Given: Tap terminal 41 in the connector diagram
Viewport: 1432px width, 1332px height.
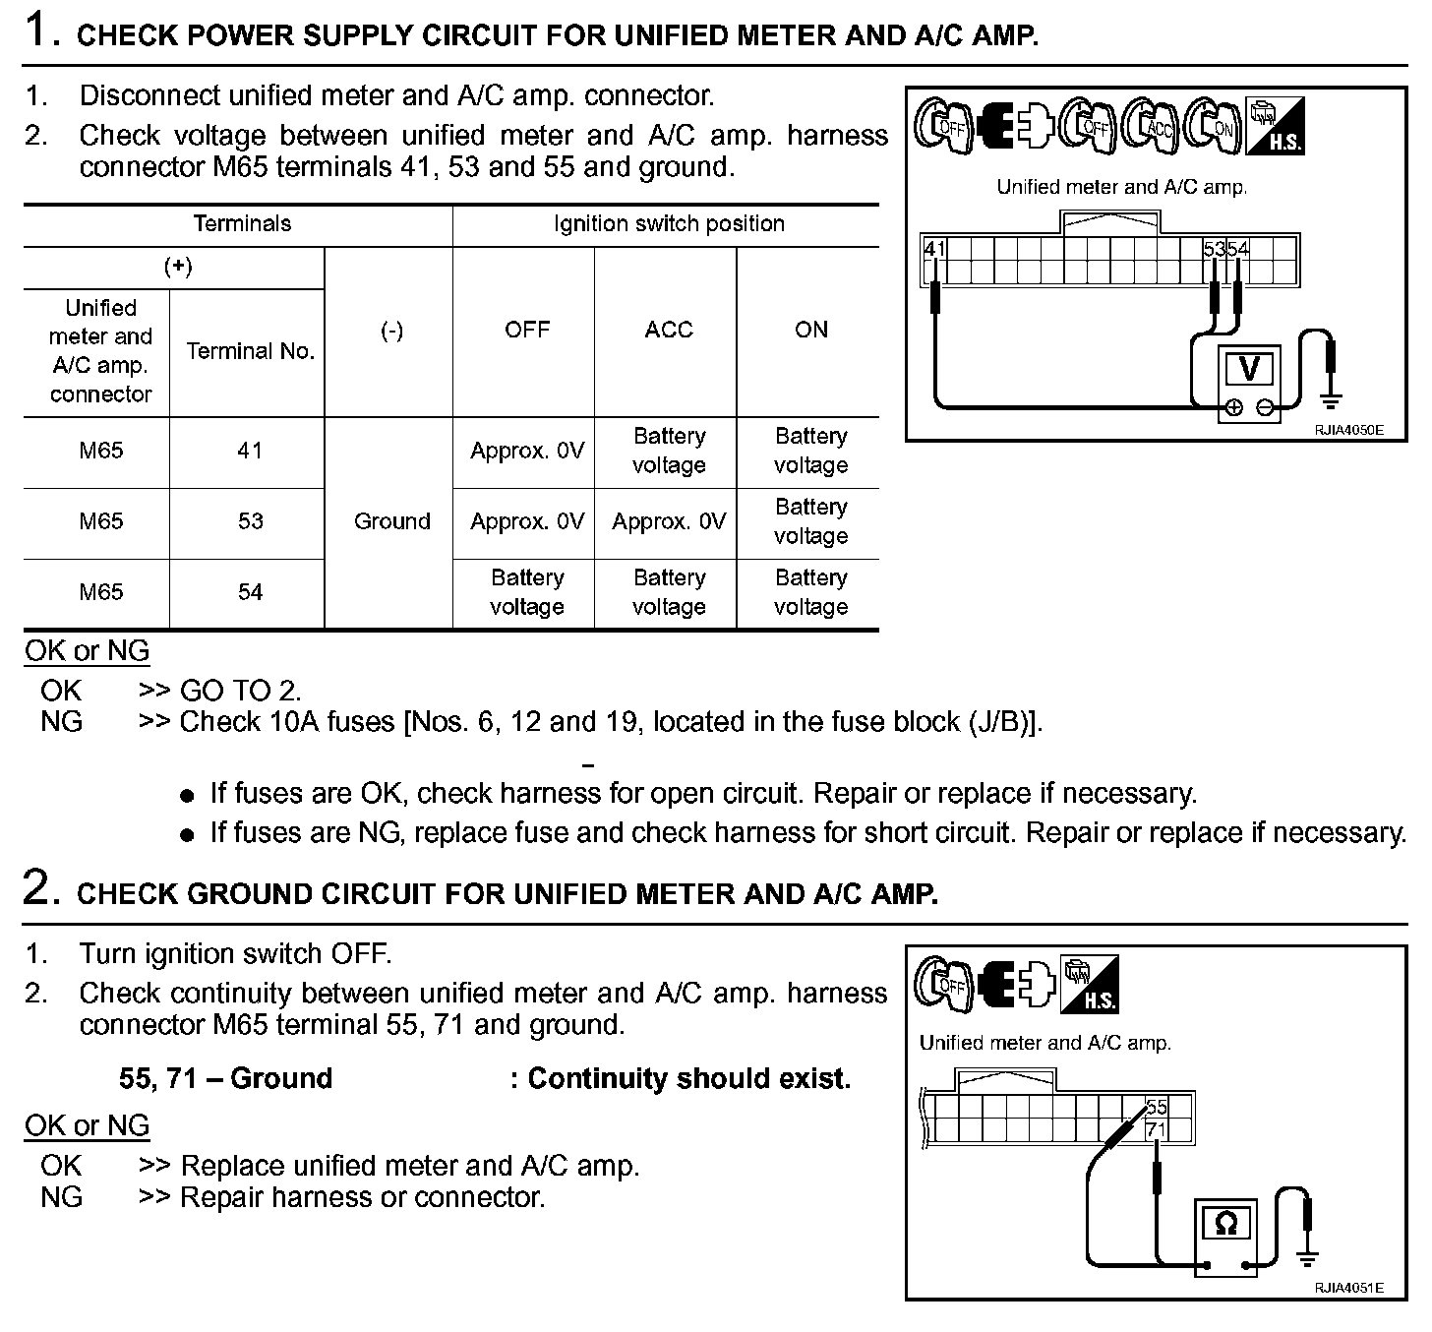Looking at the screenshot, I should tap(933, 250).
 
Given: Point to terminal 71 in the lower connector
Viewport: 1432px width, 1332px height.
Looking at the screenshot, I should tap(1156, 1130).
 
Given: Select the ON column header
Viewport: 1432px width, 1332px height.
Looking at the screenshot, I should tap(810, 330).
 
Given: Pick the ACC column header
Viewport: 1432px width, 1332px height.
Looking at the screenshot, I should tap(668, 330).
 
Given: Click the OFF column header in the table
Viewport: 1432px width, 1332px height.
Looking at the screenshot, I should tap(526, 330).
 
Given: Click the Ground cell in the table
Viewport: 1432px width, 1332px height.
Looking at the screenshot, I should tap(391, 521).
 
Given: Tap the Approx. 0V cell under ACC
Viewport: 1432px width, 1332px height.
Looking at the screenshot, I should tap(668, 521).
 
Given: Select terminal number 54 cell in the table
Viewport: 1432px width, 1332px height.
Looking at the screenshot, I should tap(250, 592).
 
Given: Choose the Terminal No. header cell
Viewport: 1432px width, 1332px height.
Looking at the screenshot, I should tap(250, 351).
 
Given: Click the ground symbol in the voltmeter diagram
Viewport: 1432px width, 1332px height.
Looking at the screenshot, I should tap(1331, 400).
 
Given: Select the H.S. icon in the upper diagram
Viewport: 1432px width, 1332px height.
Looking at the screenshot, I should tap(1275, 126).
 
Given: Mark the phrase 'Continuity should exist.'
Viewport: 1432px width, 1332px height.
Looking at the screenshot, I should tap(688, 1079).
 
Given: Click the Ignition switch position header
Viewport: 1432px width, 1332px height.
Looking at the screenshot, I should tap(668, 224).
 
